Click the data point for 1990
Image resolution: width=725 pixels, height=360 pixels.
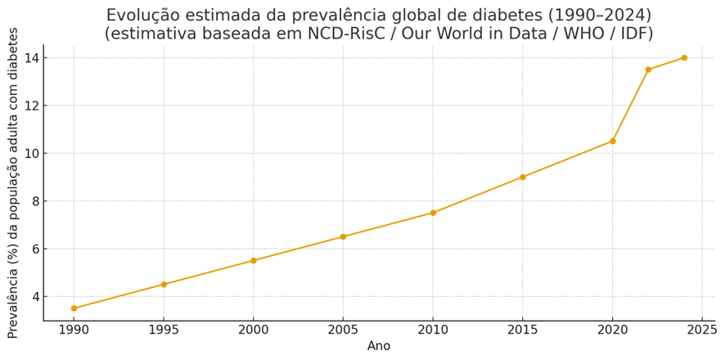point(74,308)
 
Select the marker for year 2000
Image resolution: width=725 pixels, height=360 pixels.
point(254,260)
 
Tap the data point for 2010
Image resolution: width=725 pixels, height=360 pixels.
point(433,213)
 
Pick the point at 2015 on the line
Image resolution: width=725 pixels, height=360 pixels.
point(523,177)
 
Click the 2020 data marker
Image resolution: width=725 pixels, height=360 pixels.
point(613,141)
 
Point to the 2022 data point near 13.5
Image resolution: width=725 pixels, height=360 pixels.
point(648,70)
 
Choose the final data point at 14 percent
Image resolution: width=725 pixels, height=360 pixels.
point(684,58)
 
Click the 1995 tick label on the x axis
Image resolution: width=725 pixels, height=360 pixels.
point(164,330)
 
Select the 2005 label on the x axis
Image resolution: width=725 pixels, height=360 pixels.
point(343,330)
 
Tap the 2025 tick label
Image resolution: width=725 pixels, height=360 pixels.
point(702,330)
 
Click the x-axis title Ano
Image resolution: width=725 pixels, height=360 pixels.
point(379,345)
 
